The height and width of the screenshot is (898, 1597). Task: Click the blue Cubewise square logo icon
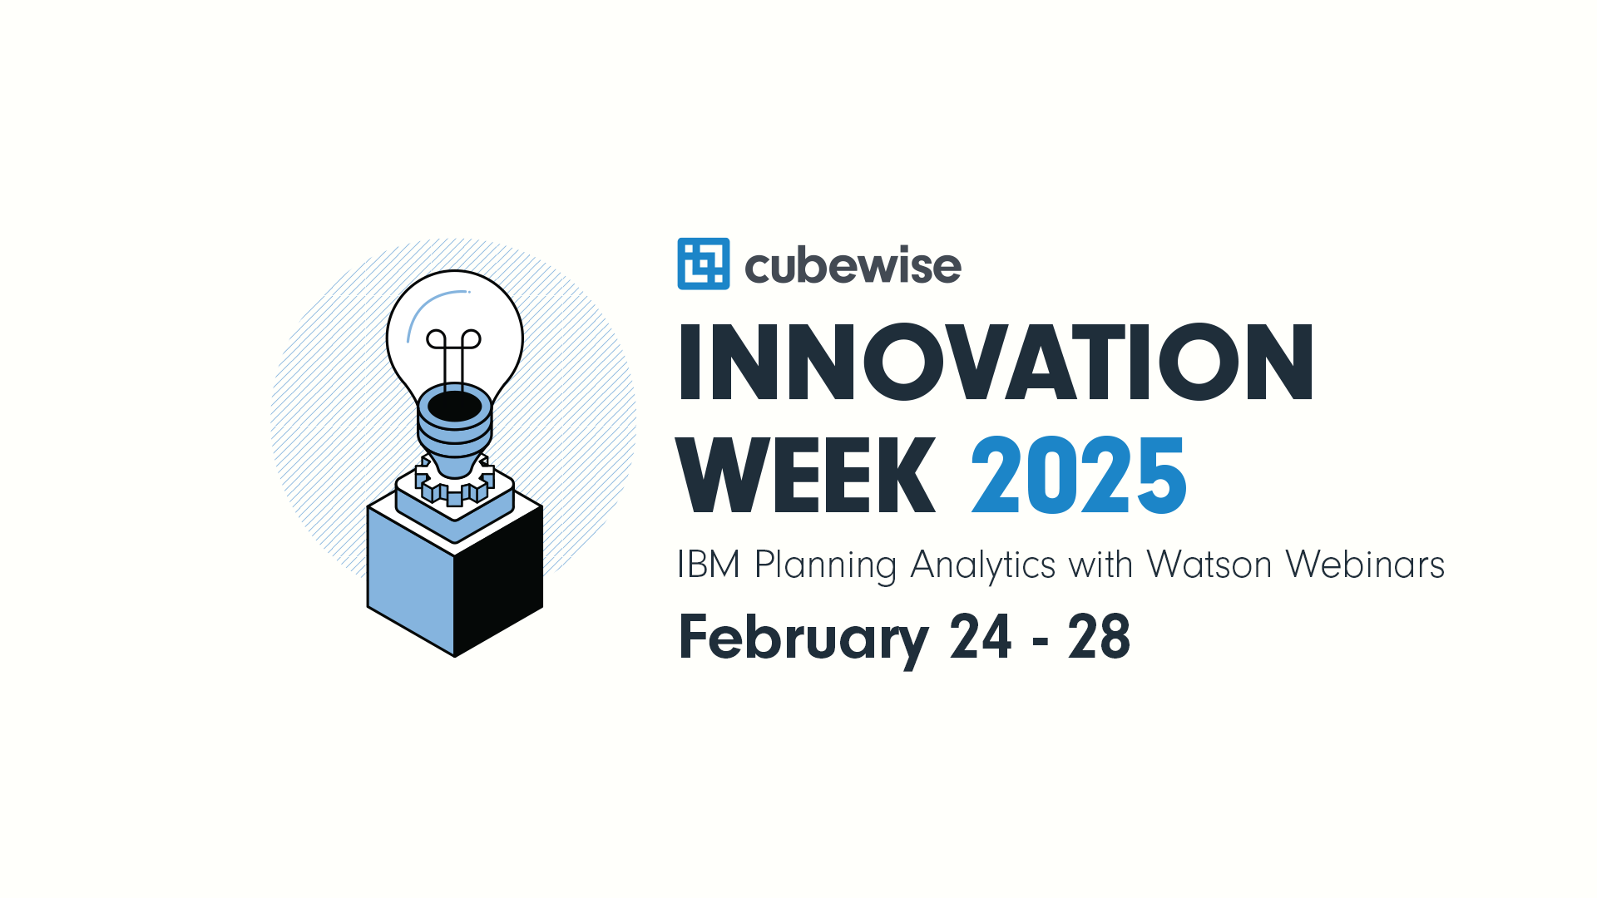(704, 264)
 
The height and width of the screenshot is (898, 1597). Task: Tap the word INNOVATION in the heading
(996, 362)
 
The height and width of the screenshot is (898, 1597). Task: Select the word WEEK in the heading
(806, 475)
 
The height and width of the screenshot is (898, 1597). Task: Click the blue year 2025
(1079, 475)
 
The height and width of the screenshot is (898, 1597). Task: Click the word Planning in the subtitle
(826, 566)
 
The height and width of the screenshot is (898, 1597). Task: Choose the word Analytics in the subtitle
(983, 566)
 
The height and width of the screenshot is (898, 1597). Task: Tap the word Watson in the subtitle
(1209, 565)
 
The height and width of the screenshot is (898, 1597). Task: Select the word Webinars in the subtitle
(1365, 565)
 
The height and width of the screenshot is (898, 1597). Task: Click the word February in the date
(803, 639)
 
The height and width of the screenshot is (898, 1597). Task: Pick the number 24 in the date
(981, 637)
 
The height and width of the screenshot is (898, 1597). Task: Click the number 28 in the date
(1099, 637)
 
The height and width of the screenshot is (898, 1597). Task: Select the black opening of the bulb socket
(455, 407)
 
